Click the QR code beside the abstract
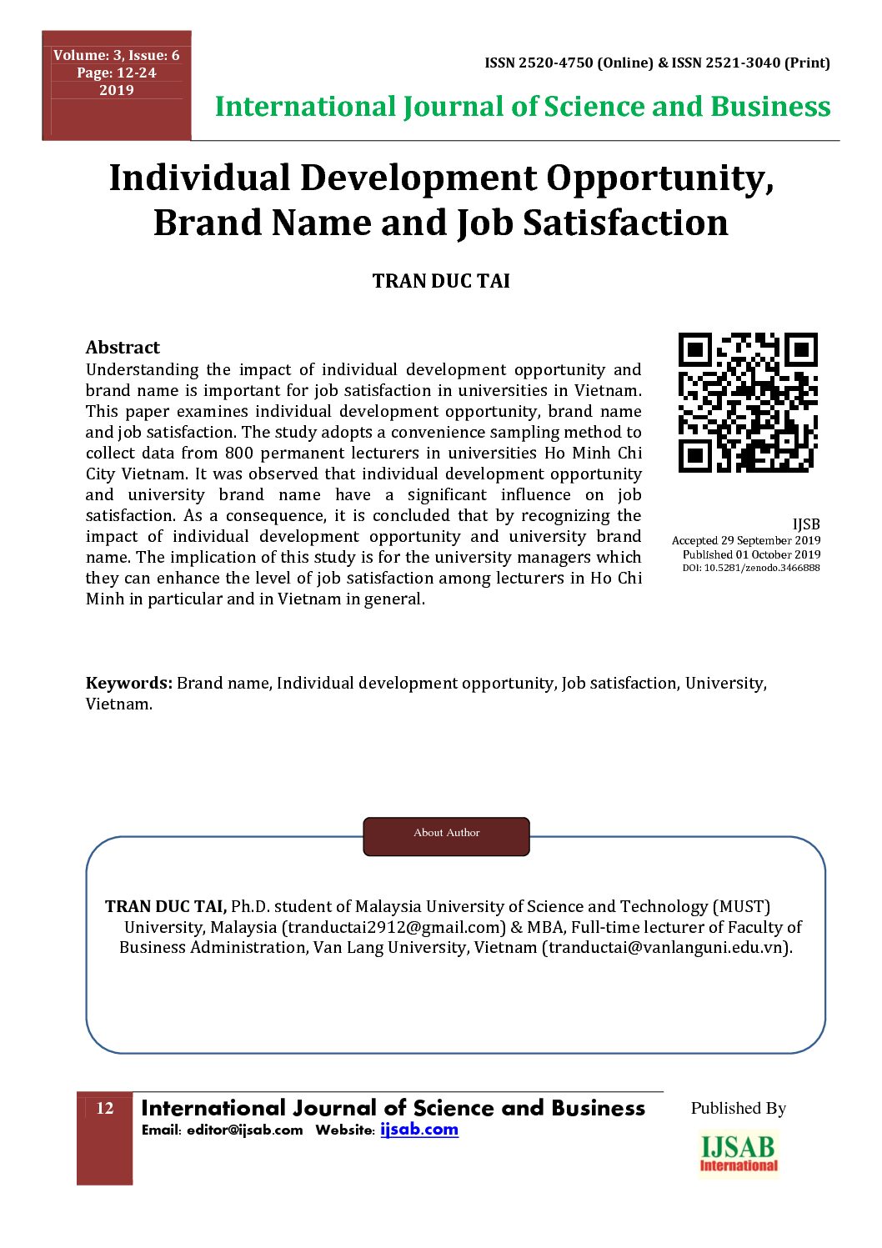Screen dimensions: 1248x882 pos(748,403)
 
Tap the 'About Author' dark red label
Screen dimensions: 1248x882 pos(446,834)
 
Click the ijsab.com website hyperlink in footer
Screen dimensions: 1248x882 pos(419,1130)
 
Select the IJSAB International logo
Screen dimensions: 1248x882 pos(739,1154)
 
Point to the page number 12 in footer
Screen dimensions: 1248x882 pos(104,1108)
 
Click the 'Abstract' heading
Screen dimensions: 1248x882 pos(123,348)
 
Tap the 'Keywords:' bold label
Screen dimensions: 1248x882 pos(129,684)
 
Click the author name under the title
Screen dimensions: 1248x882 pos(441,281)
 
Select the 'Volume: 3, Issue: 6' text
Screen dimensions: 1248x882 pos(117,56)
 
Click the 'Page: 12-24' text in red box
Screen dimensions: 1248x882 pos(117,73)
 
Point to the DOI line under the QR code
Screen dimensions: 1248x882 pos(750,568)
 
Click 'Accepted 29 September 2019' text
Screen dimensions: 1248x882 pos(745,541)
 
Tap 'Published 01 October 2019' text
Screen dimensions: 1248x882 pos(750,554)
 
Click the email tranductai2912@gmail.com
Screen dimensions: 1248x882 pos(393,927)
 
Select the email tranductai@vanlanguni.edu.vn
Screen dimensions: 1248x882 pos(666,948)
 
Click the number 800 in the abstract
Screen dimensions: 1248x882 pos(239,454)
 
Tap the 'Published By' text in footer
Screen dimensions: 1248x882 pos(738,1109)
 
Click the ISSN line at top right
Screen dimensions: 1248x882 pos(657,63)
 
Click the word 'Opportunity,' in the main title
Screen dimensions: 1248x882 pos(660,179)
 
